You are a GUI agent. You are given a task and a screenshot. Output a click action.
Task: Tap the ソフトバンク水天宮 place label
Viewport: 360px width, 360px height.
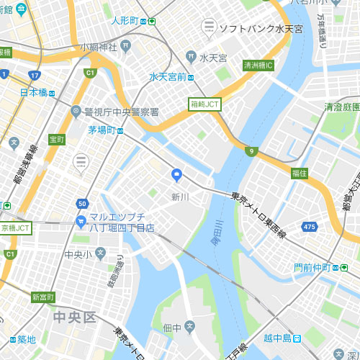pos(261,29)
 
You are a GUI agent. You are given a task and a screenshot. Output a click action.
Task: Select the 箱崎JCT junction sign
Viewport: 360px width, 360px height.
pos(205,104)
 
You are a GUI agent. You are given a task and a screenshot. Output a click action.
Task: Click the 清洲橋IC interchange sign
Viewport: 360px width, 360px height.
pos(258,65)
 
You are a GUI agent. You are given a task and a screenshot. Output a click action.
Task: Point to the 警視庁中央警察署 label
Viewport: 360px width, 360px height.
pos(122,112)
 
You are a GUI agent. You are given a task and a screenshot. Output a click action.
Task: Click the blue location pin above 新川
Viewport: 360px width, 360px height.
pos(177,175)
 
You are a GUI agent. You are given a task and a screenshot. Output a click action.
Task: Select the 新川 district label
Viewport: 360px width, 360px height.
pos(180,197)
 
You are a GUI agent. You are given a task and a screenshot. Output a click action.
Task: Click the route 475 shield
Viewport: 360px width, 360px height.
pos(310,227)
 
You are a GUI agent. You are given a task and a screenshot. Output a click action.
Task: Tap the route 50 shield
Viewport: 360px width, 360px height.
pos(82,204)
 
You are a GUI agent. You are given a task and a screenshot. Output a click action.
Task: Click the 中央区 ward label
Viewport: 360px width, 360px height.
pos(74,318)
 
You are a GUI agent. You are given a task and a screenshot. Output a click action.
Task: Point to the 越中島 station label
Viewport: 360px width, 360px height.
pos(277,338)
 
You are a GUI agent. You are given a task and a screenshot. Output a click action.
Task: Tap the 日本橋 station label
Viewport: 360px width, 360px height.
pos(33,93)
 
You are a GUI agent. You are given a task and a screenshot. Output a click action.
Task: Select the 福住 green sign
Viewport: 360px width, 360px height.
pos(299,174)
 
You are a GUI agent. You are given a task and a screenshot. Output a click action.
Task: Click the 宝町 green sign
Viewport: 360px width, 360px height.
pos(57,139)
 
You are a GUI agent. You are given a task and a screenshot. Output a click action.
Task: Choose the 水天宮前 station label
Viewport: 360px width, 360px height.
pos(168,77)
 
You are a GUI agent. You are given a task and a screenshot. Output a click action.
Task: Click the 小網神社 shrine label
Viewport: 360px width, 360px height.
pos(99,47)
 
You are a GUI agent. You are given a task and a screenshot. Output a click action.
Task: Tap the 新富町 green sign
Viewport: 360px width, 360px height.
pos(43,297)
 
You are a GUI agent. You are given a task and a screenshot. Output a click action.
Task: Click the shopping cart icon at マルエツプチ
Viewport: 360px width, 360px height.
pos(81,222)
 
